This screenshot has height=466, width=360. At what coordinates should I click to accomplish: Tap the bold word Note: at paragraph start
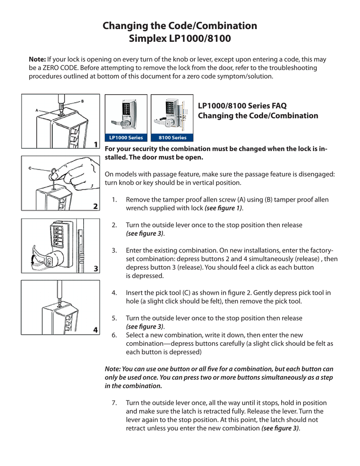pos(37,59)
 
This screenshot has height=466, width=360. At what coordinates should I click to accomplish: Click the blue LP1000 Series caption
pos(126,137)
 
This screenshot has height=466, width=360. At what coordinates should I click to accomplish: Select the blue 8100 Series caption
pos(172,137)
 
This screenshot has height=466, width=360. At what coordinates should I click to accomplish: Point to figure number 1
pos(96,144)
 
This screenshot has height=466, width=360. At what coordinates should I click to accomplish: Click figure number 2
pos(96,206)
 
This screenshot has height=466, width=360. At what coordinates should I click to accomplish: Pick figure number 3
pos(96,268)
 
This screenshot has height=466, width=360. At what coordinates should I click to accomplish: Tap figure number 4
pos(96,329)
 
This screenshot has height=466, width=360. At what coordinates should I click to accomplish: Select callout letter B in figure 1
pos(82,101)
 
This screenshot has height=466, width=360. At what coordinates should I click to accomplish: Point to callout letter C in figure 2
pos(30,168)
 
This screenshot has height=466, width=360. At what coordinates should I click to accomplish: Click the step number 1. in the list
pos(115,200)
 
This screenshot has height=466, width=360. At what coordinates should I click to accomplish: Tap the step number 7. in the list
pos(115,403)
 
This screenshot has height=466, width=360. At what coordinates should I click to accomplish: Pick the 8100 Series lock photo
pos(172,114)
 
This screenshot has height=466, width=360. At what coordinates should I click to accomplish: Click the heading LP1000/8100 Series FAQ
pos(242,106)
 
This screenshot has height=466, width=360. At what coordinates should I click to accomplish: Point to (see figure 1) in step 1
pos(223,208)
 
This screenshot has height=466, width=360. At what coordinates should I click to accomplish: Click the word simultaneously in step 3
pos(268,258)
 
